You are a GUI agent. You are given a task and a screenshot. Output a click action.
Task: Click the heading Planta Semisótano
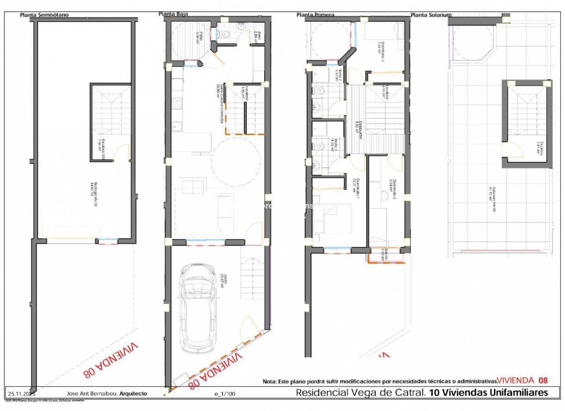coord(44,15)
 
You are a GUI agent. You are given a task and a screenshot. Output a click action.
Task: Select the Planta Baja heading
coord(173,14)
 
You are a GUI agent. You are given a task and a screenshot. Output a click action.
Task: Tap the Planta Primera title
coord(315,15)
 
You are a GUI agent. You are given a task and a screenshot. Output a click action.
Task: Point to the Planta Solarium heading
coord(431,15)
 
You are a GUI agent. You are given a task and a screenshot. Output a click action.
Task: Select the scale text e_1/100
coord(224,394)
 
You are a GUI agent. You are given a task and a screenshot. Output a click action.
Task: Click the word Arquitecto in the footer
coord(133,393)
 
